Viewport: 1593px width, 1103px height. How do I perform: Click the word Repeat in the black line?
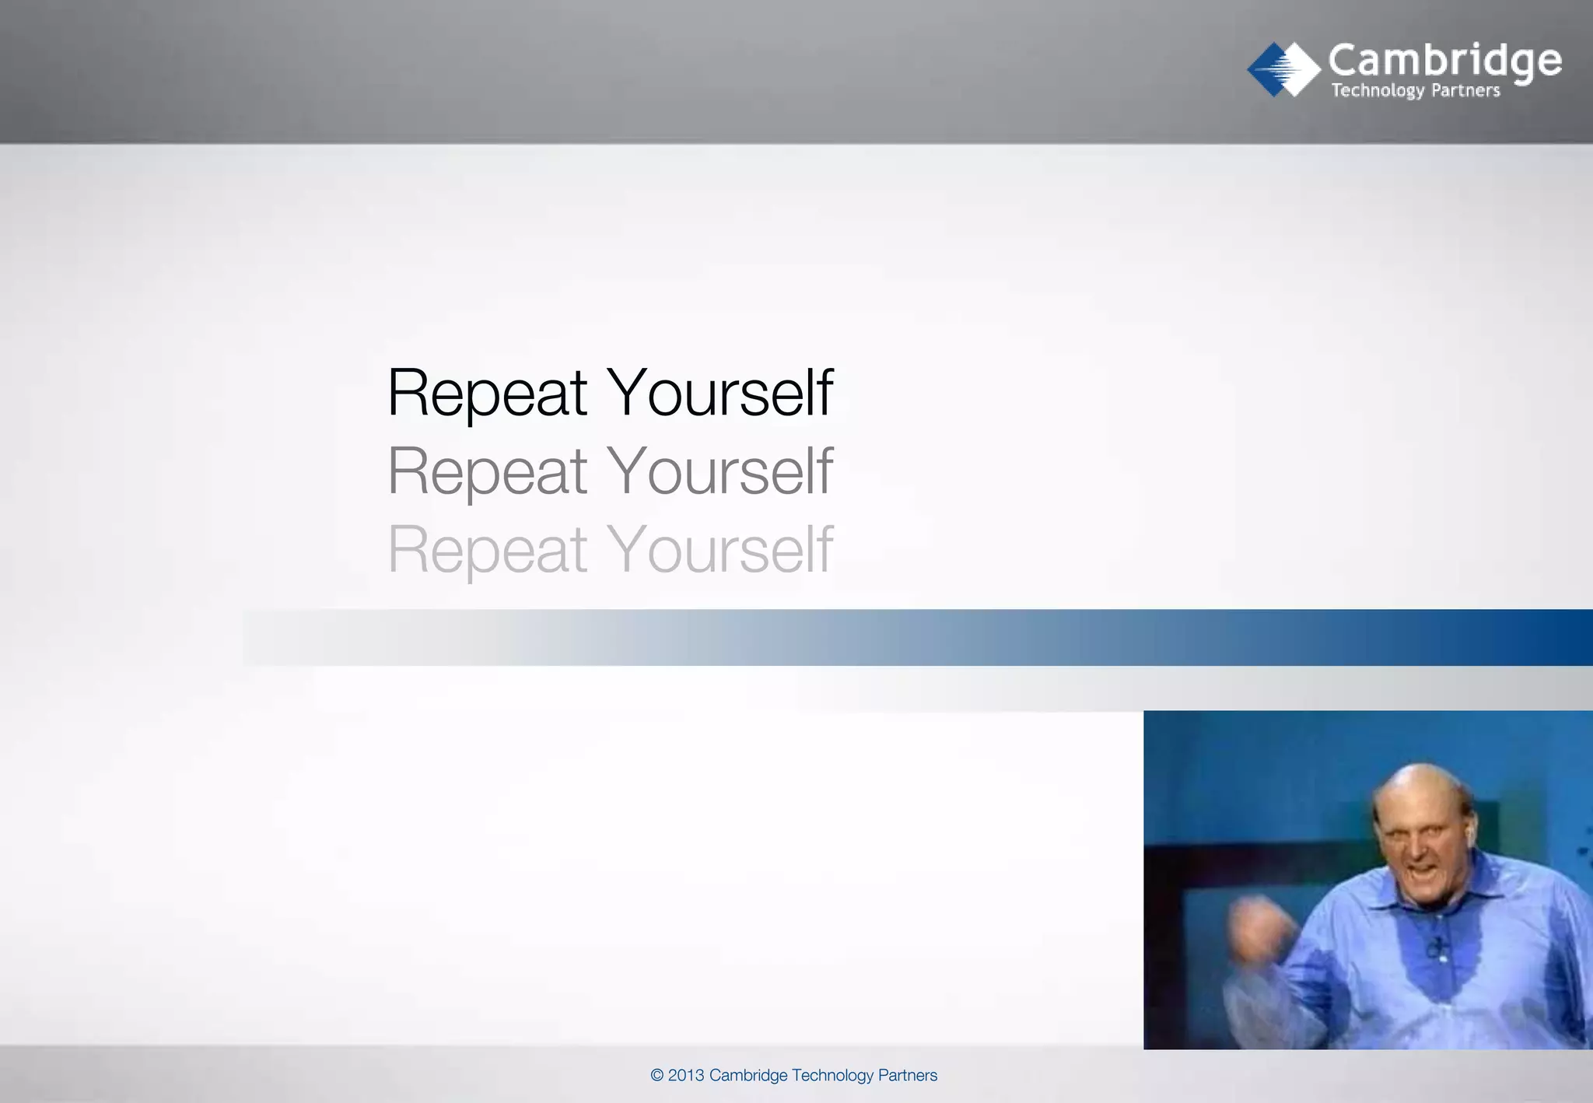487,393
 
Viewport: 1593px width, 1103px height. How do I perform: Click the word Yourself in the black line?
719,393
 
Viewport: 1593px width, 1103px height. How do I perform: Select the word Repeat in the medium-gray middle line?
487,471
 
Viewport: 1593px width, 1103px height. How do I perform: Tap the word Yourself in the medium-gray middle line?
719,471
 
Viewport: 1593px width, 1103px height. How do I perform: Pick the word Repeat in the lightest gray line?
487,550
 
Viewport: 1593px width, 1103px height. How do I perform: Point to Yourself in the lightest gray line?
719,550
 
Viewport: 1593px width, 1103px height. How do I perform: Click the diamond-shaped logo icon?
1283,69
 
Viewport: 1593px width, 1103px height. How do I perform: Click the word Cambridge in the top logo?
1444,60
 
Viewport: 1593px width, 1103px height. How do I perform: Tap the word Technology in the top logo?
1377,91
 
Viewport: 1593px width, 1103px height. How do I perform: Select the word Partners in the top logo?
1465,91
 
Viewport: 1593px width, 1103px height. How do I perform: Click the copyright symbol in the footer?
657,1076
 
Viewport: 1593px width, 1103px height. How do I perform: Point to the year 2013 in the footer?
686,1076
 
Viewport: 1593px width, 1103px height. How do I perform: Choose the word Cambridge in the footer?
748,1076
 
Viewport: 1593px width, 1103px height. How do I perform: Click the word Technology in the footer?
832,1076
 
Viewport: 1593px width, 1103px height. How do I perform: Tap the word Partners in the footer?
908,1076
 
